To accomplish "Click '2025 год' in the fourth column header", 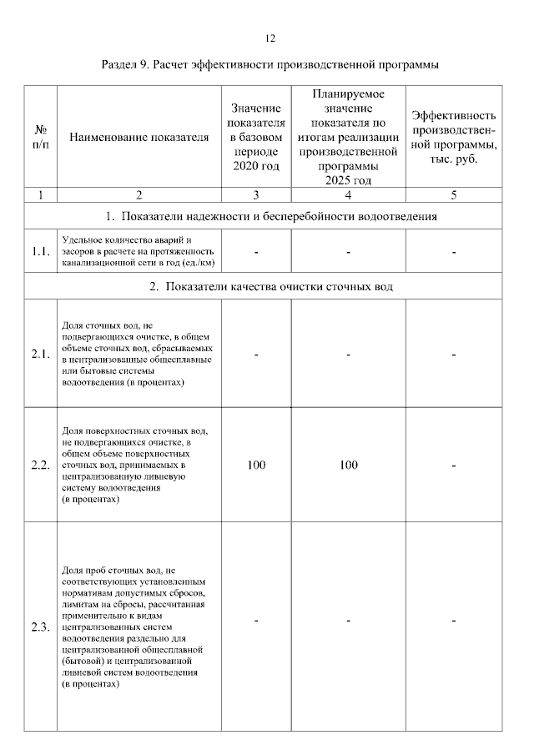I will [349, 179].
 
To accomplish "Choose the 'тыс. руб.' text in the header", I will [455, 159].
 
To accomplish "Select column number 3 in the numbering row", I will [256, 195].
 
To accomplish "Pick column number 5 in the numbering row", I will [455, 195].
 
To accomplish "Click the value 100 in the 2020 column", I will [256, 465].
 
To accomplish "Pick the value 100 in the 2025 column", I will [349, 465].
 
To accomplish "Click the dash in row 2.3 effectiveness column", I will [455, 621].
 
